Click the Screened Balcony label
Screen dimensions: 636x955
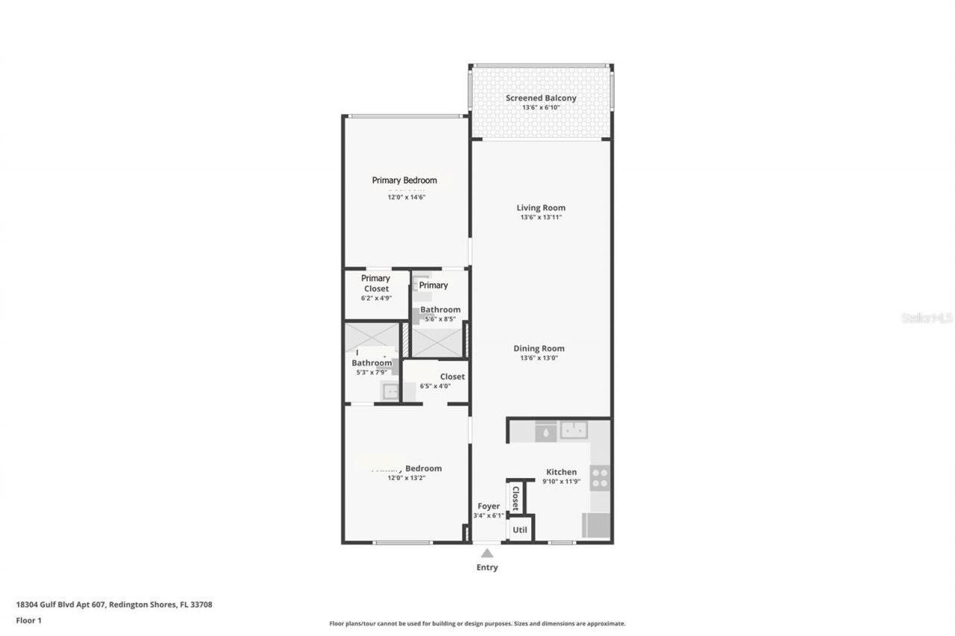(x=541, y=98)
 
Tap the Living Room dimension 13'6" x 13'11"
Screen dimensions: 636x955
(x=541, y=218)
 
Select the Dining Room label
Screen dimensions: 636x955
(x=539, y=348)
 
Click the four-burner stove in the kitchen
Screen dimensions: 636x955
(x=600, y=477)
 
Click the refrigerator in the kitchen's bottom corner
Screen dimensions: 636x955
(x=595, y=526)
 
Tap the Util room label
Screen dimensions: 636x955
(x=520, y=530)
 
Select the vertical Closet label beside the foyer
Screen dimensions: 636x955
(x=515, y=497)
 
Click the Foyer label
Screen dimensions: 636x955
(x=489, y=506)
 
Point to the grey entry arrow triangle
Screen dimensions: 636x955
(x=487, y=553)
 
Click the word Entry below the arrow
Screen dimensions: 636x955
(x=487, y=567)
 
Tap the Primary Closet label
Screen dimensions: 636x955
(x=376, y=283)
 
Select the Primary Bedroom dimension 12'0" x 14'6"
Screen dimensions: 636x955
(x=406, y=197)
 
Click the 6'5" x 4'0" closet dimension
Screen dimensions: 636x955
(x=435, y=386)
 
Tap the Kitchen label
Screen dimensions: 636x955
(x=561, y=471)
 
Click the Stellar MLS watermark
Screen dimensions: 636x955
(x=927, y=318)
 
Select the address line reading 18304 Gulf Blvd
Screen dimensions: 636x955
(x=113, y=605)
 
